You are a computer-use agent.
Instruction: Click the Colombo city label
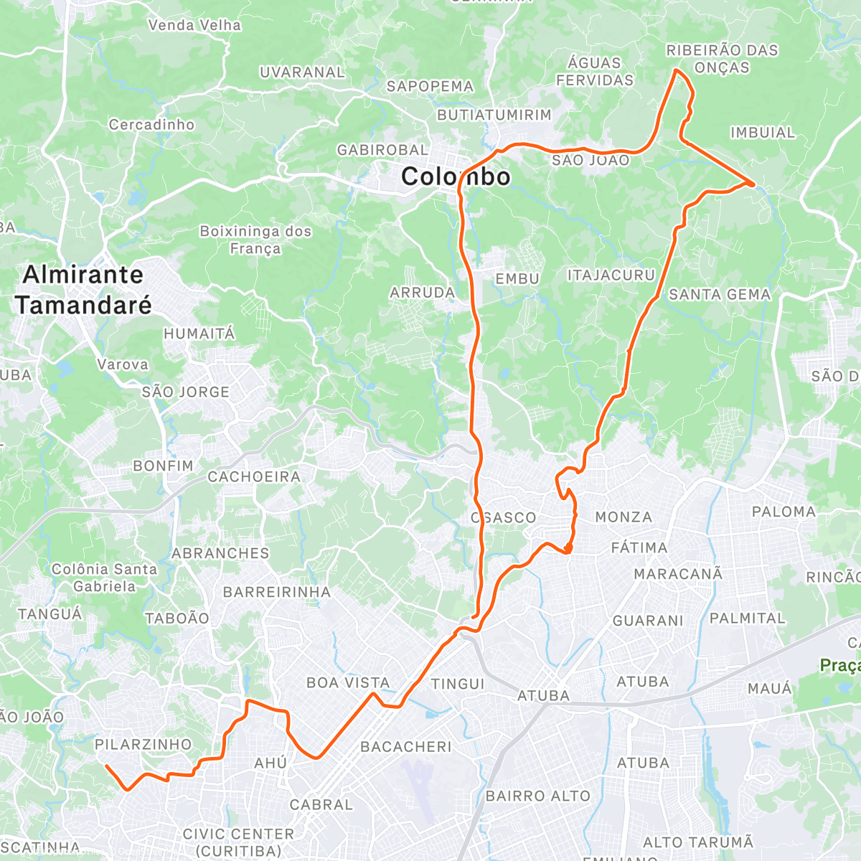[x=456, y=177]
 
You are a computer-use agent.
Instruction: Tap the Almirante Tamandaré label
[x=83, y=290]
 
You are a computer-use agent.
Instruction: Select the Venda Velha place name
[x=194, y=25]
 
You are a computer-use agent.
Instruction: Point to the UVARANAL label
[x=302, y=72]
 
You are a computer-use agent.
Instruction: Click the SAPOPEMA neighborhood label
[x=430, y=86]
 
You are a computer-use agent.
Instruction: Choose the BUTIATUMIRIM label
[x=494, y=115]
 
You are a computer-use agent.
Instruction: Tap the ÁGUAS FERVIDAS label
[x=595, y=71]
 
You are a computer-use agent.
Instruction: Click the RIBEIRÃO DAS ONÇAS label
[x=722, y=59]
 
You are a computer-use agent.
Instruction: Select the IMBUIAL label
[x=763, y=133]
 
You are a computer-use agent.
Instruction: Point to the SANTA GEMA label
[x=720, y=294]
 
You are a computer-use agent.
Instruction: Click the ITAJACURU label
[x=611, y=276]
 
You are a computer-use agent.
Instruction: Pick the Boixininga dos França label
[x=255, y=240]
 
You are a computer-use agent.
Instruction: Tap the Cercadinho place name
[x=151, y=125]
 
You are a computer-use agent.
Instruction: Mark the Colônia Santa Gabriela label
[x=104, y=578]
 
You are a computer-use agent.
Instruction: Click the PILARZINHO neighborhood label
[x=143, y=745]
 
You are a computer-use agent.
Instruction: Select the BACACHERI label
[x=406, y=747]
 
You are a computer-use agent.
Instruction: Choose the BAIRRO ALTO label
[x=537, y=796]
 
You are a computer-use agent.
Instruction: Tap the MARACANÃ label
[x=678, y=574]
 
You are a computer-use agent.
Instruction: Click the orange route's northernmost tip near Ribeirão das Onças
[x=675, y=70]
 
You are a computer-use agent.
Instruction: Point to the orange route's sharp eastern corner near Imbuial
[x=753, y=184]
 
